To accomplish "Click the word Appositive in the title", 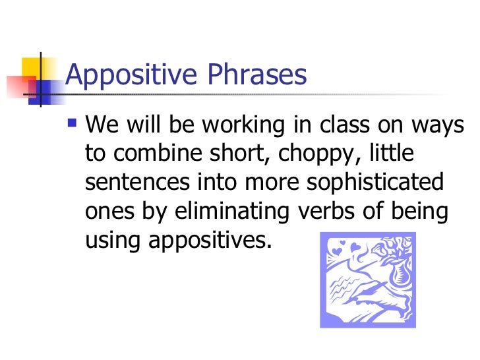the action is click(x=131, y=75).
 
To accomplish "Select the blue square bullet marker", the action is click(x=72, y=123).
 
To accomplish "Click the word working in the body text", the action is click(x=244, y=125).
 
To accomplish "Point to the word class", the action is click(x=345, y=124).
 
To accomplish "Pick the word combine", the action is click(x=158, y=152).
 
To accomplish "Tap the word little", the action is click(x=392, y=152).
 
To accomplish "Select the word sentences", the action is click(x=137, y=182).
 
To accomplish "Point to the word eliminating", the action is click(x=231, y=212).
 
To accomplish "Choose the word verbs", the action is click(x=326, y=210).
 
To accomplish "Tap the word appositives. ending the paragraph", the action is click(x=210, y=241).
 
